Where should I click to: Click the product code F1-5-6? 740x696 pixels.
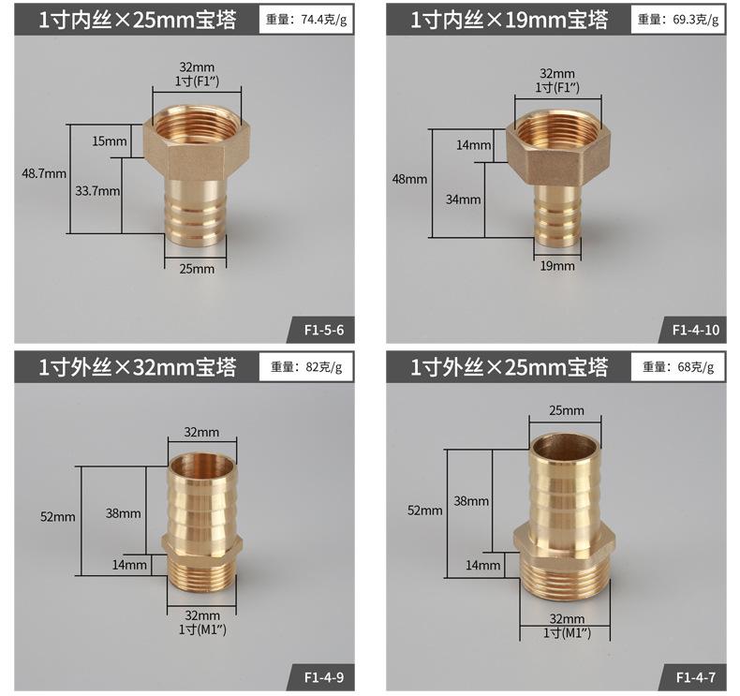click(324, 330)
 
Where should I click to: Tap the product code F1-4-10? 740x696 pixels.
click(696, 330)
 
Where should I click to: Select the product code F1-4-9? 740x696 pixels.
click(324, 677)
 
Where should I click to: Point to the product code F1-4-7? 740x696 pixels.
click(696, 677)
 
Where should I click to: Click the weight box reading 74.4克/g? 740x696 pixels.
click(305, 20)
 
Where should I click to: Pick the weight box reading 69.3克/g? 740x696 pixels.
click(677, 20)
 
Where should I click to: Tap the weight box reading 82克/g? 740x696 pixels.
click(305, 366)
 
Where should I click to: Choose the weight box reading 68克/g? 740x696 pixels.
click(677, 366)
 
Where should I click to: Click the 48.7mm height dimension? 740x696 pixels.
click(44, 173)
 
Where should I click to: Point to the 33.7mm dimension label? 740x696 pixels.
click(97, 191)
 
